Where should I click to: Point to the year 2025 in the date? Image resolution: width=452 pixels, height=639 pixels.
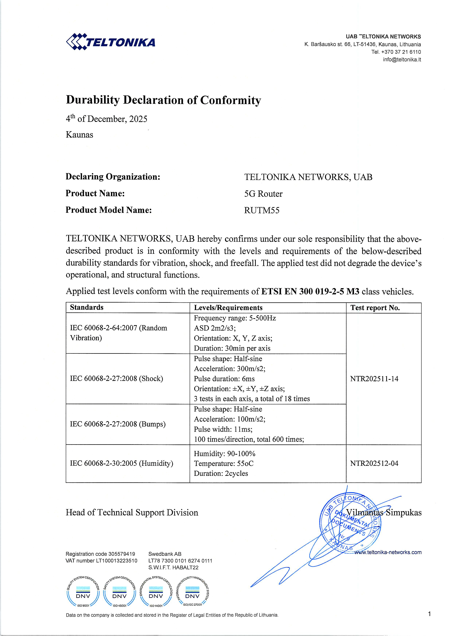(x=138, y=119)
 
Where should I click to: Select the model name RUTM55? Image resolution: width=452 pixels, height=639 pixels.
(x=262, y=210)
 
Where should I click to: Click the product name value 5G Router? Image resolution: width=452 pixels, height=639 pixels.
(x=263, y=194)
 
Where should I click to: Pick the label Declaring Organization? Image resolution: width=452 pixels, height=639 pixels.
(x=113, y=177)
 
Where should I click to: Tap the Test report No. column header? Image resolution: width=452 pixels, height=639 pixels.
(x=375, y=308)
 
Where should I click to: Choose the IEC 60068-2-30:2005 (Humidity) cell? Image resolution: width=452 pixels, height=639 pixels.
(x=121, y=463)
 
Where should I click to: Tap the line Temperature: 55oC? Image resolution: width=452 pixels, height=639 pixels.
(x=224, y=464)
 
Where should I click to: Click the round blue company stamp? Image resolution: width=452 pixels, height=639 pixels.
(x=350, y=523)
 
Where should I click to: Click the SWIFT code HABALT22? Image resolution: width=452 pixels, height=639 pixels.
(x=185, y=567)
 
